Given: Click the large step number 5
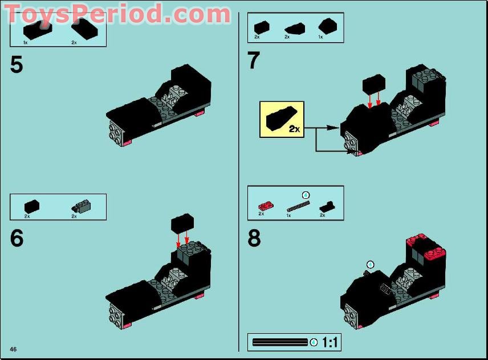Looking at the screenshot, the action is [17, 65].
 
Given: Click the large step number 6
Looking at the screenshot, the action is [17, 238].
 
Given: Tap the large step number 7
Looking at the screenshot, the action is [253, 60].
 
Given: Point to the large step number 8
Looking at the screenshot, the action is [254, 238].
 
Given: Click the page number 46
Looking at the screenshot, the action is [13, 349].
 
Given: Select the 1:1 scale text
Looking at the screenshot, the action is [330, 342].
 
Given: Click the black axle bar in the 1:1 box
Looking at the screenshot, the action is [280, 342].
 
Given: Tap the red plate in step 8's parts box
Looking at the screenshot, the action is [266, 206].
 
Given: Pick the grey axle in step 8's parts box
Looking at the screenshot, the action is [298, 206].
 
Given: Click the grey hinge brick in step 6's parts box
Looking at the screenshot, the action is [82, 206].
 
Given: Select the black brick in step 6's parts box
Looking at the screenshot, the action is [32, 206].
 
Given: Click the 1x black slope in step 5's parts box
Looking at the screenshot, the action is [38, 30].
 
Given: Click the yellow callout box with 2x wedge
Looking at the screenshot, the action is [282, 120].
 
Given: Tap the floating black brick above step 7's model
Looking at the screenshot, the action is [374, 84].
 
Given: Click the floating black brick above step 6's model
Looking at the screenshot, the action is [182, 223].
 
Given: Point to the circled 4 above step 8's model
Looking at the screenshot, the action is [370, 265].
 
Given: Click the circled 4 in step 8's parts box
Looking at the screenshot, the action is [306, 195].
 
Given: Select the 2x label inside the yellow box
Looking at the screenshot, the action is [294, 129].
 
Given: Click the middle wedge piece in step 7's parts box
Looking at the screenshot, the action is [295, 28].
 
